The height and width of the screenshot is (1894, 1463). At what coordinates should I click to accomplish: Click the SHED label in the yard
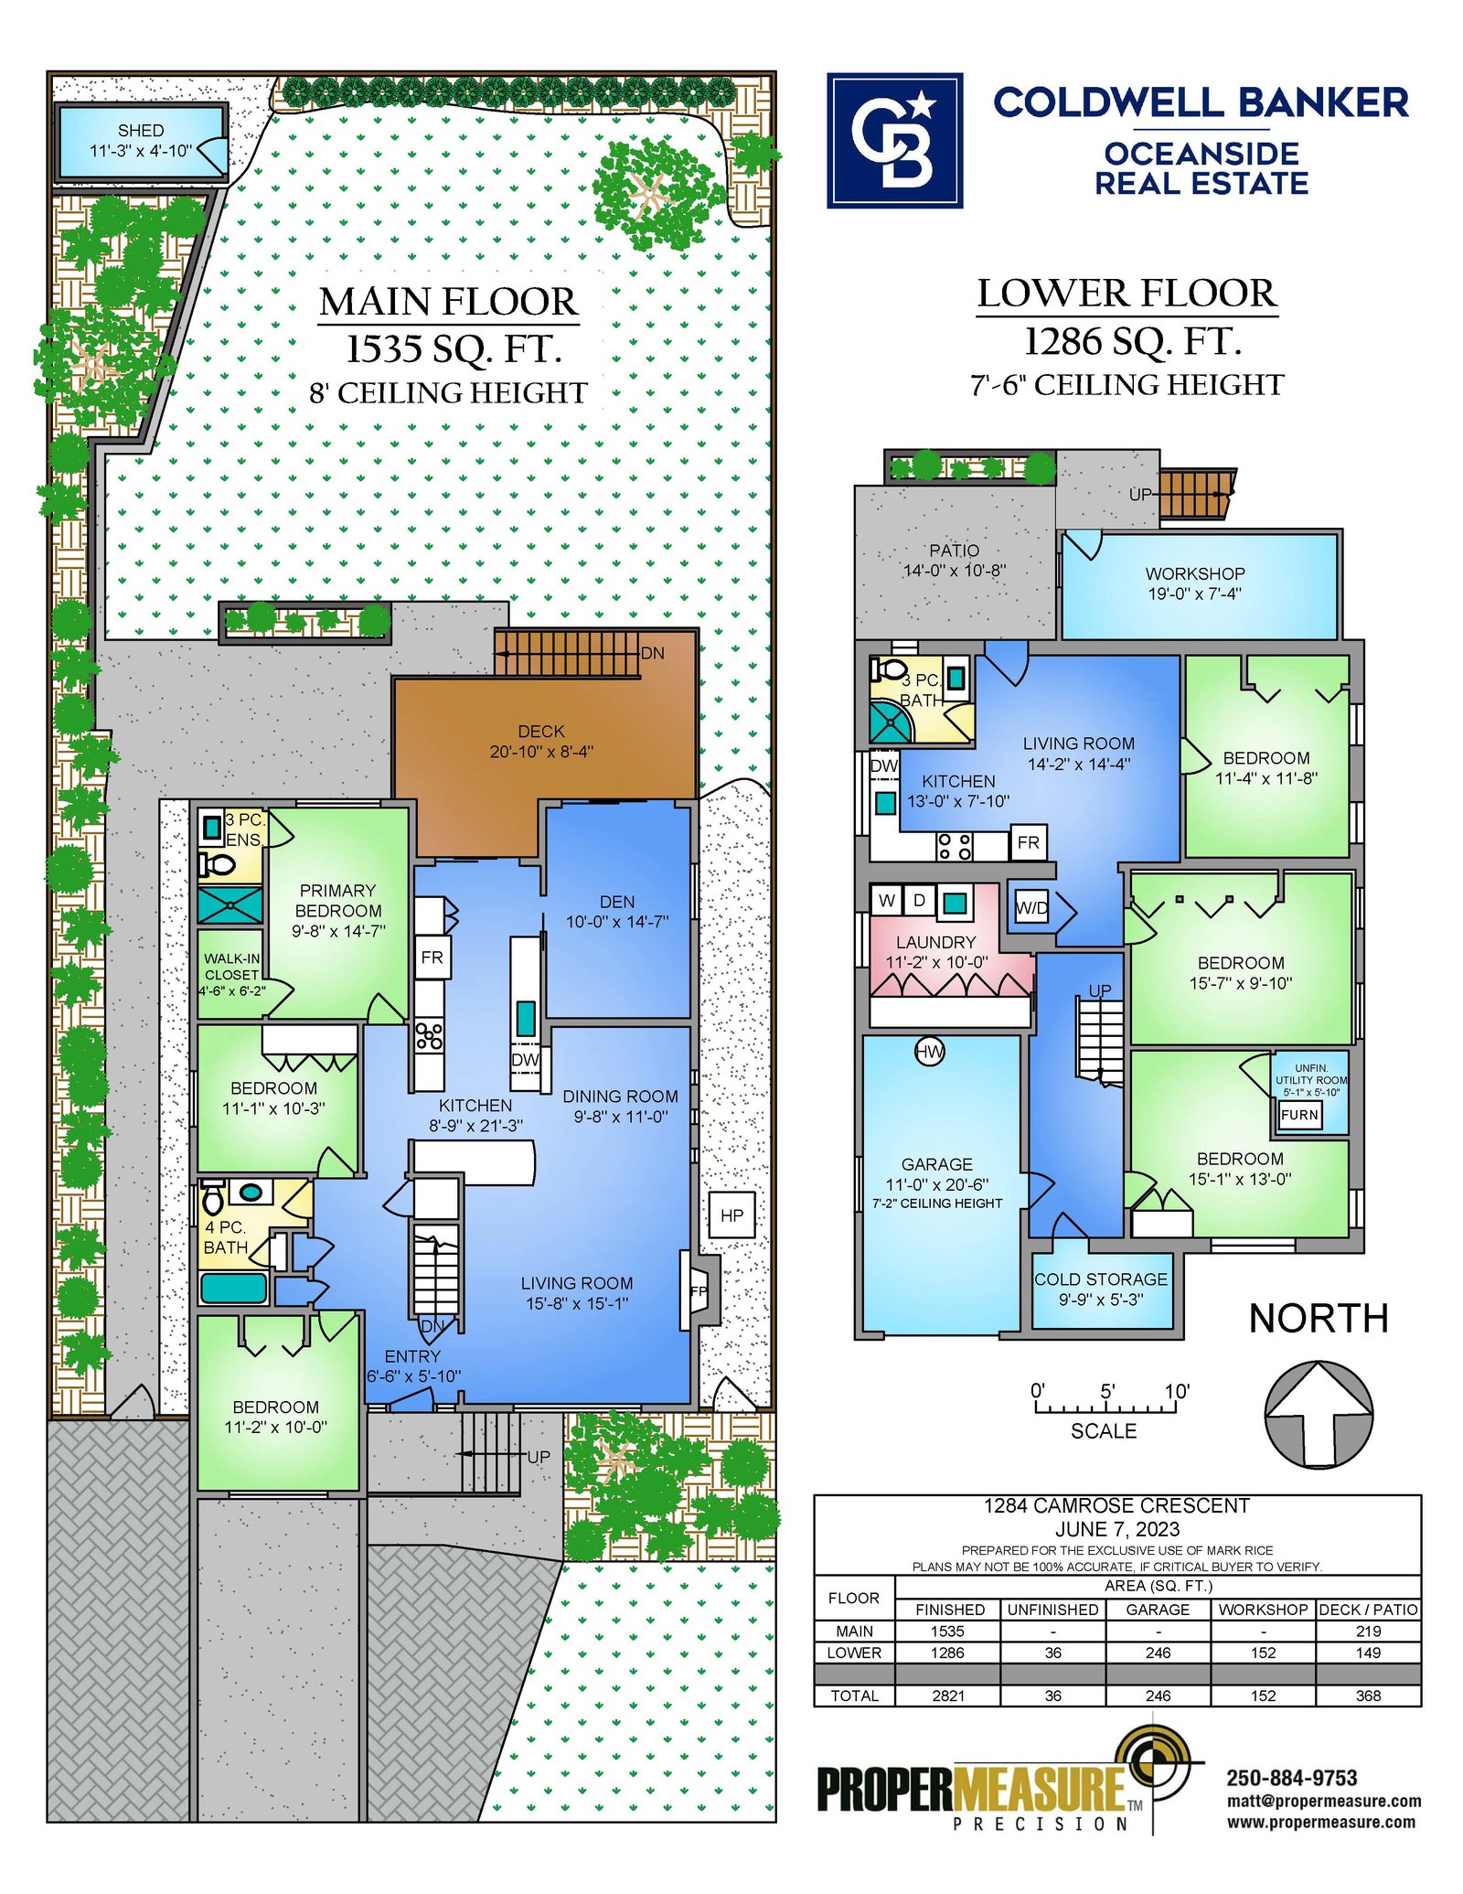(x=141, y=131)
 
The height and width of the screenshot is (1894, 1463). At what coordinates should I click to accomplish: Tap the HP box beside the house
(x=731, y=1215)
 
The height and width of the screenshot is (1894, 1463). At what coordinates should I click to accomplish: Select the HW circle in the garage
(x=929, y=1052)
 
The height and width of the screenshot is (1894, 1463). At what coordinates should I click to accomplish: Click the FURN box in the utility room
(x=1299, y=1115)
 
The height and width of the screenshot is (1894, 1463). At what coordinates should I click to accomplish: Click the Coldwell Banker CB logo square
(x=894, y=141)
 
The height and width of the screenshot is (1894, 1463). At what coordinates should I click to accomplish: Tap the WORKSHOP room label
(x=1195, y=573)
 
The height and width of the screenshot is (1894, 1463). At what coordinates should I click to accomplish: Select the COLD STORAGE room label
(x=1101, y=1279)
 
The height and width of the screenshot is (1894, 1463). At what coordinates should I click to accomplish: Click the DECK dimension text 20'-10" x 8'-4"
(x=541, y=752)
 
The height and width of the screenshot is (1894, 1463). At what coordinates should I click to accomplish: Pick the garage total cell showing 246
(x=1158, y=1696)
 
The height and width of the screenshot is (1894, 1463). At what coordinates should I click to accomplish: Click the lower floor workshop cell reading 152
(x=1263, y=1653)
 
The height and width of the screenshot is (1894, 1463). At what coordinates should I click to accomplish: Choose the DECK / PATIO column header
(x=1368, y=1610)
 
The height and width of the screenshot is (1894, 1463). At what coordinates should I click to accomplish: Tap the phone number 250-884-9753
(x=1291, y=1778)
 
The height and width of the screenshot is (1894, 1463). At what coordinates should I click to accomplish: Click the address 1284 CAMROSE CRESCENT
(x=1116, y=1505)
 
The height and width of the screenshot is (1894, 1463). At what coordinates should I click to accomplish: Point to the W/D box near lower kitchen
(x=1031, y=908)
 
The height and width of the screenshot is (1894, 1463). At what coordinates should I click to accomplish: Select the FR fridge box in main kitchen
(x=432, y=958)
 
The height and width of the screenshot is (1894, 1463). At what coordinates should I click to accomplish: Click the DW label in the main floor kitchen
(x=525, y=1059)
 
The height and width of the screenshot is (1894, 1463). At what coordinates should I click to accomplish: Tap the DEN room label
(x=617, y=902)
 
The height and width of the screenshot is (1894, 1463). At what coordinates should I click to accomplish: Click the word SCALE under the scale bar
(x=1104, y=1431)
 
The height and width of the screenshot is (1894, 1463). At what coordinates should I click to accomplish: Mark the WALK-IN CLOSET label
(x=232, y=967)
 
